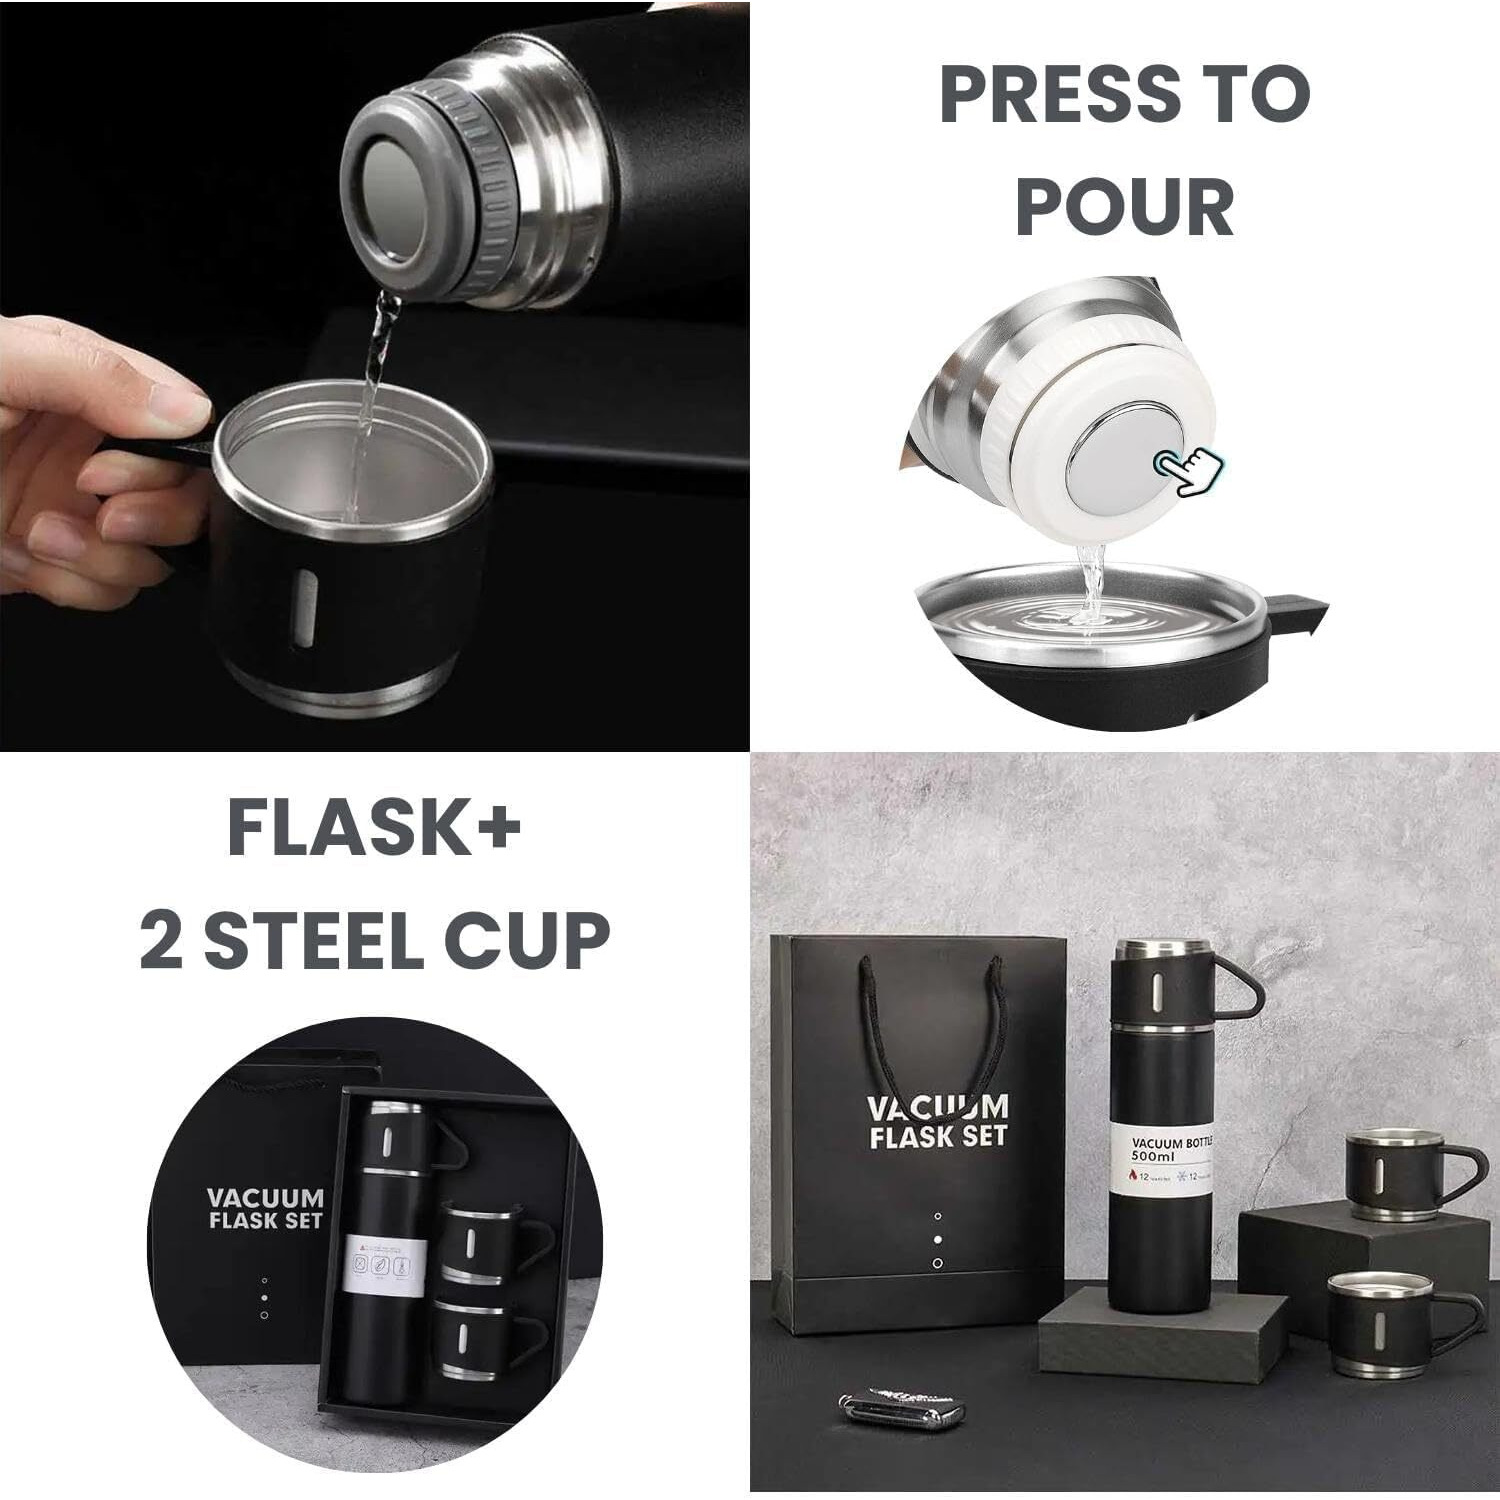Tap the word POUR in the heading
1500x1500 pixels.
click(x=1124, y=207)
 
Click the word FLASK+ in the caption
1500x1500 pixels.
click(x=374, y=829)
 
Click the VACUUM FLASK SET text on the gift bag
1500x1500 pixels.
click(x=937, y=1122)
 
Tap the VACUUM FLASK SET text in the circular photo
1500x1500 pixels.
click(x=265, y=1208)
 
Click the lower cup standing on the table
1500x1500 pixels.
click(x=1385, y=1326)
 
